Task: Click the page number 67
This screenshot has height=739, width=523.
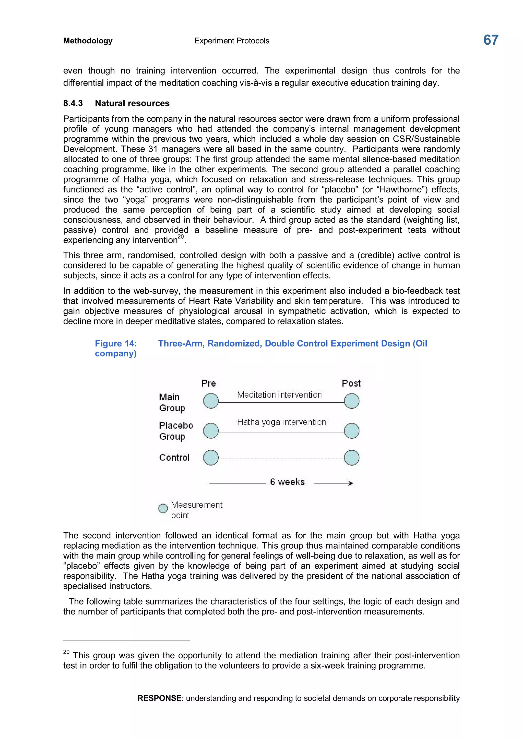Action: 491,40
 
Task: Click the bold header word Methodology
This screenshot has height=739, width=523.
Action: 88,41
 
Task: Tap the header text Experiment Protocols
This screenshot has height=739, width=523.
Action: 232,41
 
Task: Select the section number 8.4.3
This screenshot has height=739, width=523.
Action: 73,103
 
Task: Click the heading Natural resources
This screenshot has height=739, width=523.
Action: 132,103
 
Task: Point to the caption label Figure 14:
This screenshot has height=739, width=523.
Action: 116,343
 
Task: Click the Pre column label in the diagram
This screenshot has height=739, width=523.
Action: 208,383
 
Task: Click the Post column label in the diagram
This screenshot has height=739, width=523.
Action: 351,383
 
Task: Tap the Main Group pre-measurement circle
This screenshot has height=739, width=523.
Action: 211,401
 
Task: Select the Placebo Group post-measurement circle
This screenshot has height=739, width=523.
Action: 352,431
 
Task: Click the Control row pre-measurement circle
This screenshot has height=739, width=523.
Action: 211,458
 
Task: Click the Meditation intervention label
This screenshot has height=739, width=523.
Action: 279,395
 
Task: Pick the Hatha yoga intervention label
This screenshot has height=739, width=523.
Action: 281,422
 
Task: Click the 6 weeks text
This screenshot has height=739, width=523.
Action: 287,482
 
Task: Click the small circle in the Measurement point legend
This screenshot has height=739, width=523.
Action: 163,509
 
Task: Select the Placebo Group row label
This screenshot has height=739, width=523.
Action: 176,431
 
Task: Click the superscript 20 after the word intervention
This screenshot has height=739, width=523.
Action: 181,237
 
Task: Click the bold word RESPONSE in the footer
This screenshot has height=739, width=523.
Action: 159,698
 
